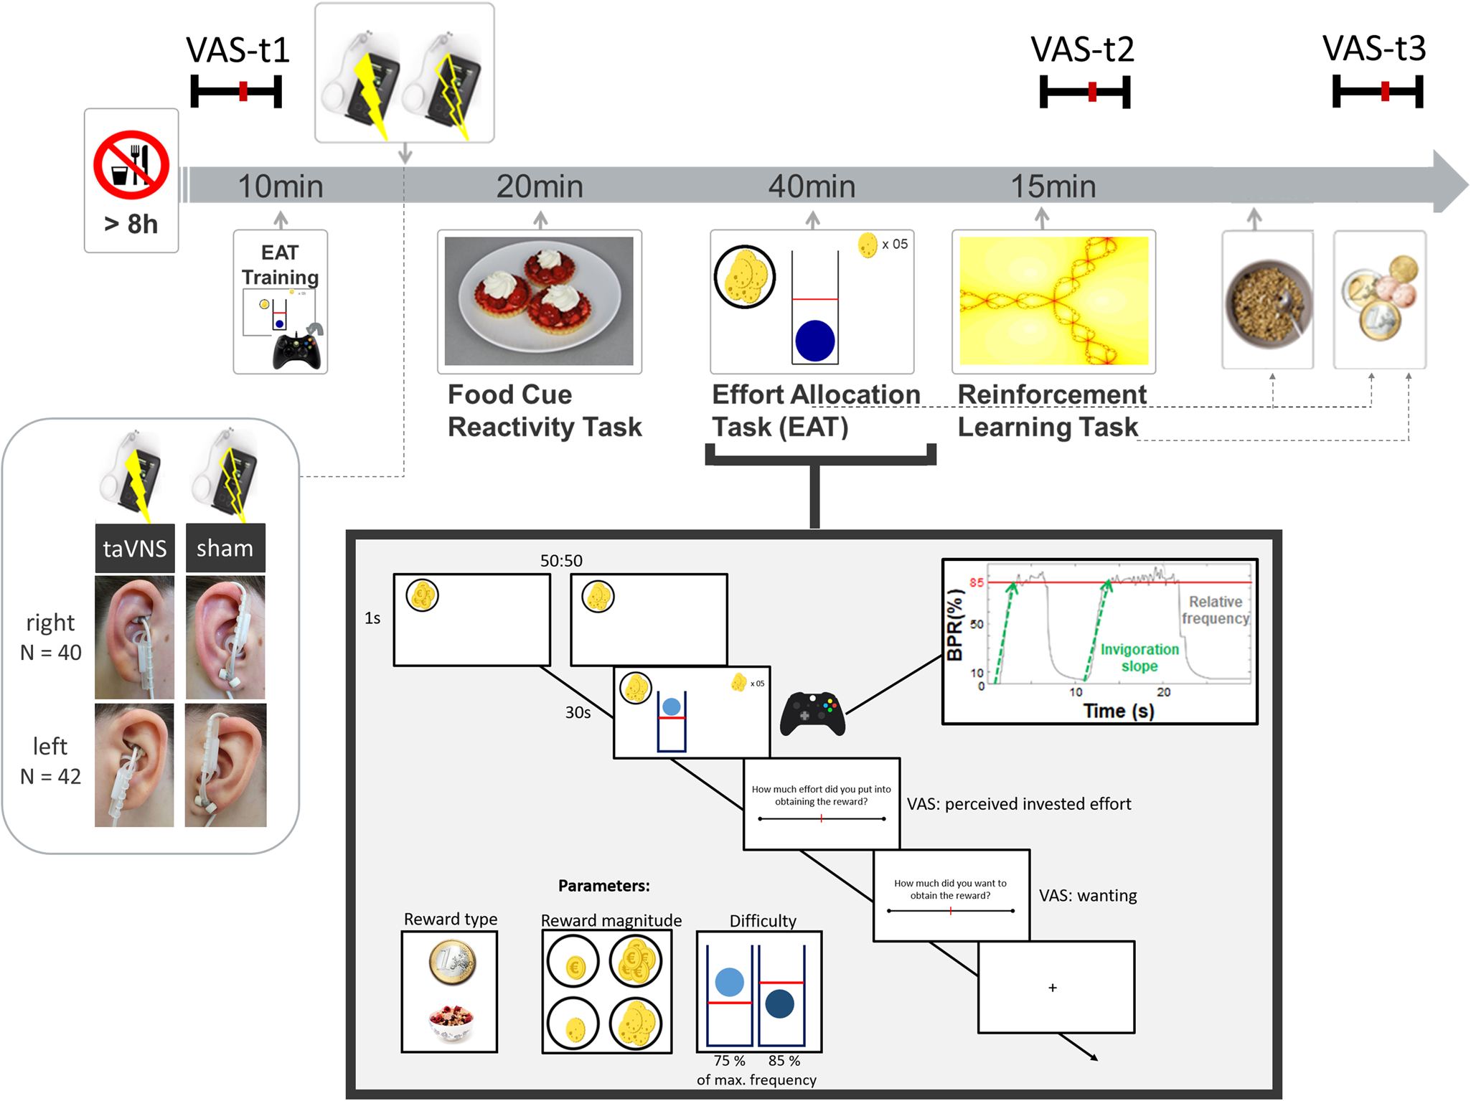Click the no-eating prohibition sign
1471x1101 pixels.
click(131, 165)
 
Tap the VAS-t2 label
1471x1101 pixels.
click(1082, 49)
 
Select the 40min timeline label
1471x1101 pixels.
click(812, 186)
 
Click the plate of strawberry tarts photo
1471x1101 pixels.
click(539, 301)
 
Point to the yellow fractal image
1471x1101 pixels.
click(1053, 301)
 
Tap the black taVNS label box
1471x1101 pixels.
click(135, 549)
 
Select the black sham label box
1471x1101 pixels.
click(225, 549)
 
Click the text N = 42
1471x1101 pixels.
click(50, 776)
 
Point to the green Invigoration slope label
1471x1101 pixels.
click(1139, 657)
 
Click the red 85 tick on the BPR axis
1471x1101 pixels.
click(977, 582)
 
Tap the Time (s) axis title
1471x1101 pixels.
click(1118, 711)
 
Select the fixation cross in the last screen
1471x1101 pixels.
click(1053, 988)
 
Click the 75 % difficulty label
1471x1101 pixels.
click(729, 1061)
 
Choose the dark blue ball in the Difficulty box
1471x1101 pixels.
click(779, 1003)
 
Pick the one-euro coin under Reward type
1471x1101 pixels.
click(452, 963)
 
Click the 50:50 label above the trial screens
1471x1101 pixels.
click(561, 561)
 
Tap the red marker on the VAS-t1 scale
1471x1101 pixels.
click(244, 91)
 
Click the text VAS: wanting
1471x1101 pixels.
click(1088, 895)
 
